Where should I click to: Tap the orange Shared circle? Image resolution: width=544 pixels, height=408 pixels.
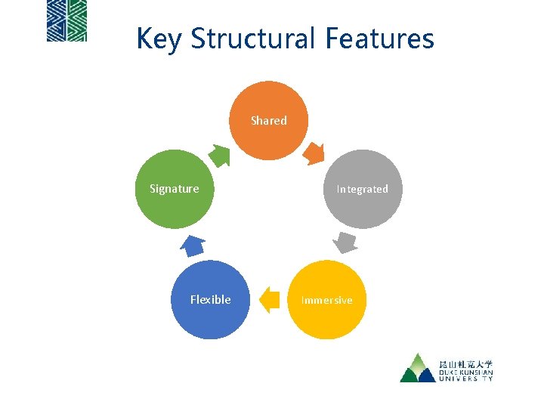(x=269, y=121)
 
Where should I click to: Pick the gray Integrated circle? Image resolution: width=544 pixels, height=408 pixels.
(x=363, y=189)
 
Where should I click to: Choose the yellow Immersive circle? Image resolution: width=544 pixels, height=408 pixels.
(x=326, y=300)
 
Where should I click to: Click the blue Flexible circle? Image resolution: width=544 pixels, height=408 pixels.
(x=210, y=300)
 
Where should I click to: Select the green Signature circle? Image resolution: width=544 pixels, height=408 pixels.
(x=175, y=189)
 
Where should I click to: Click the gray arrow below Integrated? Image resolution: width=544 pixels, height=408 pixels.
(x=345, y=243)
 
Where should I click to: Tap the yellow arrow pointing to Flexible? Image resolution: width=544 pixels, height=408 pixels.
(x=269, y=300)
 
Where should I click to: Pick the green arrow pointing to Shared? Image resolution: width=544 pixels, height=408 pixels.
(x=219, y=155)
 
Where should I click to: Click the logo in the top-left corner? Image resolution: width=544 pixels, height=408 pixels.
(x=66, y=20)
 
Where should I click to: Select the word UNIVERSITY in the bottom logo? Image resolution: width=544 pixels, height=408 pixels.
(x=465, y=379)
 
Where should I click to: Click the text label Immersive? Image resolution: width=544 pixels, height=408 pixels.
(x=326, y=300)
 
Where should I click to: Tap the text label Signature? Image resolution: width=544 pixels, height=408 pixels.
(x=175, y=189)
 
